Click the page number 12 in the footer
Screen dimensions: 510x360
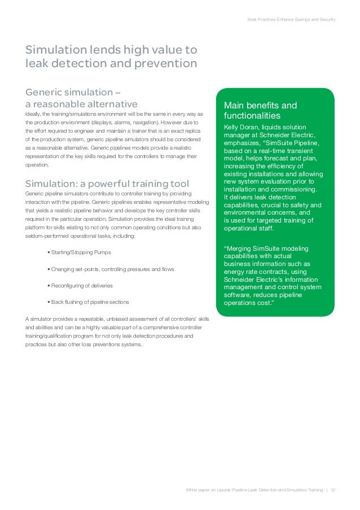point(333,489)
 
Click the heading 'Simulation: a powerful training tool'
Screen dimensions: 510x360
point(107,184)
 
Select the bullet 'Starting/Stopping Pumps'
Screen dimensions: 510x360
point(80,252)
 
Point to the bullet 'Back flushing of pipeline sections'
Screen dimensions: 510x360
point(89,302)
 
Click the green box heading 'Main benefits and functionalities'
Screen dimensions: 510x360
point(260,110)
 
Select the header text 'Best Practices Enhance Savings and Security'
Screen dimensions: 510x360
point(292,20)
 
